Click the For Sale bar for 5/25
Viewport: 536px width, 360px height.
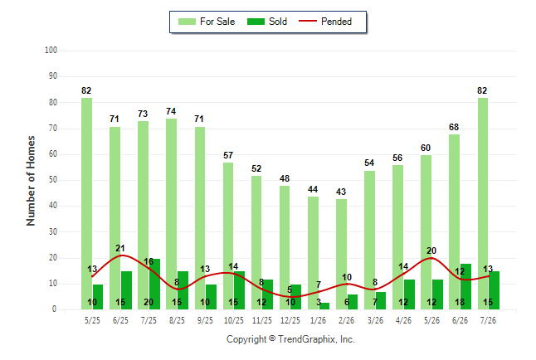[86, 204]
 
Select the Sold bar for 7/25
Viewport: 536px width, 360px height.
[154, 285]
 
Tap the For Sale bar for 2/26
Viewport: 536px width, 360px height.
[341, 255]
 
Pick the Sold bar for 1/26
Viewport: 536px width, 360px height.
[324, 306]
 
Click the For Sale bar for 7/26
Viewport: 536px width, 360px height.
[483, 204]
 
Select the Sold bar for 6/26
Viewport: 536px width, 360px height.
[465, 287]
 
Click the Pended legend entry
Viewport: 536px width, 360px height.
[325, 22]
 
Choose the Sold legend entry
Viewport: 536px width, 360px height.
[267, 22]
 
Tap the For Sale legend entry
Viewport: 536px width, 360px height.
[207, 22]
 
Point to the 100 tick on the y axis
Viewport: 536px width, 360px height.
[51, 51]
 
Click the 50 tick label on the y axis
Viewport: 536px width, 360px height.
[52, 180]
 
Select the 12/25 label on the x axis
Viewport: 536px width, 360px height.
[290, 320]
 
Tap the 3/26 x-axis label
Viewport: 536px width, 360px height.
[375, 320]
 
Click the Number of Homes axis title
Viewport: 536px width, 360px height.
[31, 181]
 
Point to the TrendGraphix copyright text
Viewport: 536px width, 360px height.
[290, 339]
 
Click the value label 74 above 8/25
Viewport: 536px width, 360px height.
[171, 111]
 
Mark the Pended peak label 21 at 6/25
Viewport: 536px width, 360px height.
[120, 248]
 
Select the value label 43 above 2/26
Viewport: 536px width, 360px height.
[341, 192]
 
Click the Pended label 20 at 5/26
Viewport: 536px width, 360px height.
[431, 251]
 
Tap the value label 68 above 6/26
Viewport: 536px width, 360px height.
[454, 127]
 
